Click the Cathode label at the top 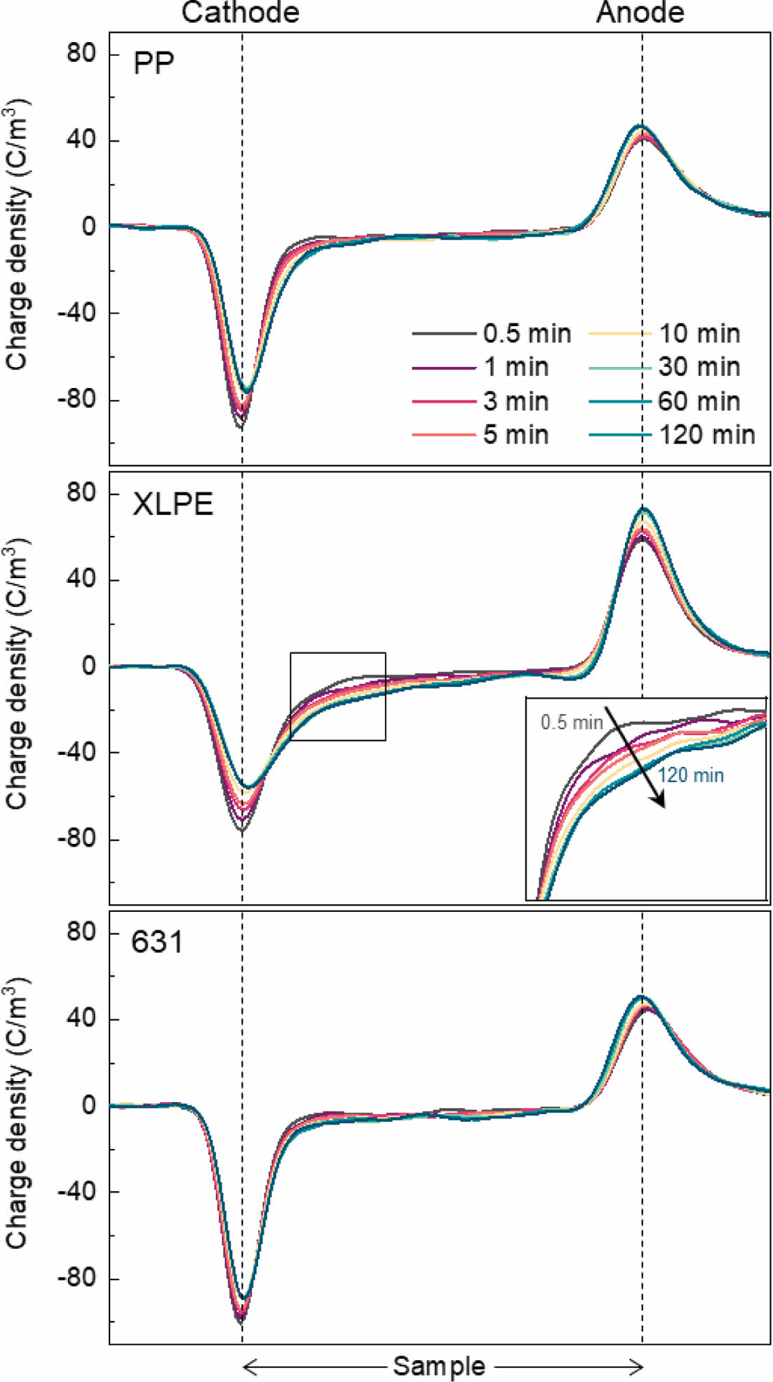tap(241, 13)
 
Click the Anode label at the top tap(640, 13)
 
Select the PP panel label tap(154, 65)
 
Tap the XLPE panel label tap(173, 504)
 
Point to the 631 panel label tap(157, 941)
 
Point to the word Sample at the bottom tap(439, 1366)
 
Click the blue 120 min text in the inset tap(691, 775)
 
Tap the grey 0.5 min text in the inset tap(572, 722)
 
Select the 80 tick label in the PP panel tap(81, 53)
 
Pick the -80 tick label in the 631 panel tap(76, 1278)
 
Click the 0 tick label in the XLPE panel tap(88, 666)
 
